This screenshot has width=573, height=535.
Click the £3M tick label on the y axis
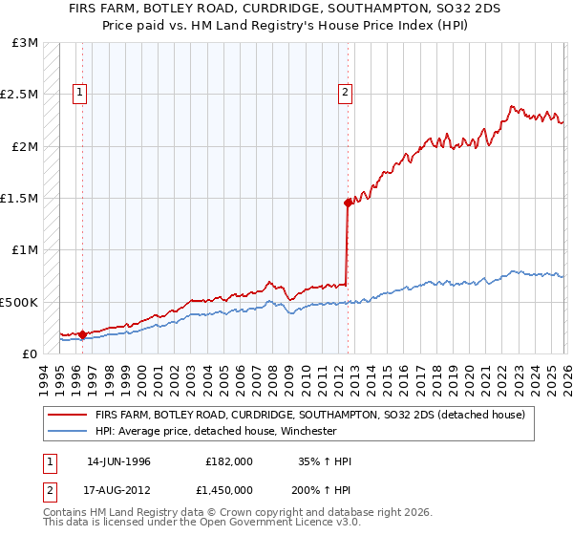26,43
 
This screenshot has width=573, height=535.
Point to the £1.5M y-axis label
21,199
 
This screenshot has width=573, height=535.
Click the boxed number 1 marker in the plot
80,93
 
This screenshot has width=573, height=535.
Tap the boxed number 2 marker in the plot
344,93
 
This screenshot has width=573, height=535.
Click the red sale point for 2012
348,203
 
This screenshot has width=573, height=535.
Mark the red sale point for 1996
83,334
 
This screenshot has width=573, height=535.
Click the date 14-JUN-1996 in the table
118,461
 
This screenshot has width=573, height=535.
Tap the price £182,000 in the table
229,461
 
